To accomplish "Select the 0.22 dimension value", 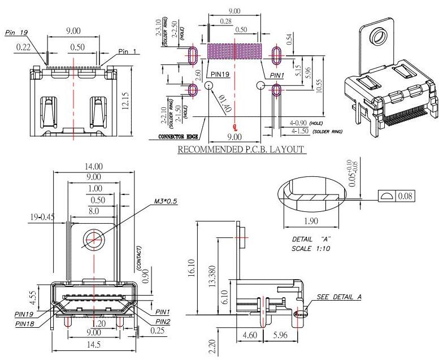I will click(23, 47).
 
